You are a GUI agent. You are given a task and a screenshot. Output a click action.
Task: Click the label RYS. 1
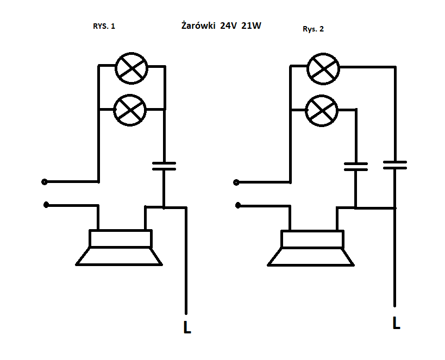[x=104, y=26]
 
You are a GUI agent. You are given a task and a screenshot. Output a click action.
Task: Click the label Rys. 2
[x=313, y=29]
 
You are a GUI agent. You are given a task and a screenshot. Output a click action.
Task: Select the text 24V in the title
[x=228, y=26]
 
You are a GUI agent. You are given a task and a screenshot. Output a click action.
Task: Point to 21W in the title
[x=251, y=26]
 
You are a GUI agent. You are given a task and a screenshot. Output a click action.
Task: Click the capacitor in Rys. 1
[x=164, y=166]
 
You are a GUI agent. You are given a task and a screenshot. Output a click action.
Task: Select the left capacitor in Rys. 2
[x=356, y=167]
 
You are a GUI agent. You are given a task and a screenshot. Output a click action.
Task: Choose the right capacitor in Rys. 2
[x=395, y=165]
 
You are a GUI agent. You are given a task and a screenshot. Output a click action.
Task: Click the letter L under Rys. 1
[x=187, y=327]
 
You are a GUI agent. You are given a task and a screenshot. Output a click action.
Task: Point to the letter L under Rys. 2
[x=397, y=323]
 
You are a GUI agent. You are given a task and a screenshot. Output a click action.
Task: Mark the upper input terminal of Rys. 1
[x=44, y=182]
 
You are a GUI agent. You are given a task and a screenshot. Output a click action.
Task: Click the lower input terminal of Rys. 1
[x=46, y=205]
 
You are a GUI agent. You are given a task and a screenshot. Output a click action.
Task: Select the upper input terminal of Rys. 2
[x=236, y=182]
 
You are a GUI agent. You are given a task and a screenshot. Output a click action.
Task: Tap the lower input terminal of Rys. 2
[x=238, y=205]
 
